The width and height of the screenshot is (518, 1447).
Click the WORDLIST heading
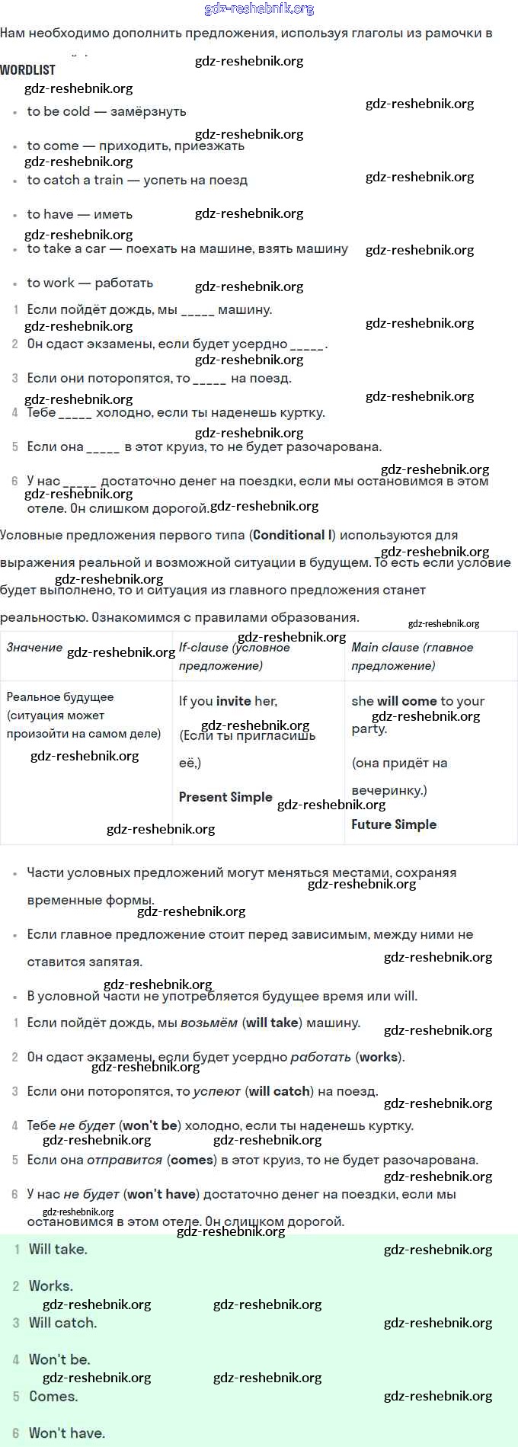coord(28,70)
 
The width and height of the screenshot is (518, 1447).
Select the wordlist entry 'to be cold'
coord(106,111)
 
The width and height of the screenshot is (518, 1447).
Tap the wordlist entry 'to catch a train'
coord(137,181)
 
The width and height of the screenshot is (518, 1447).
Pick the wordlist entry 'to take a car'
coord(187,249)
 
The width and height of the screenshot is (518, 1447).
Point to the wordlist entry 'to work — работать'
coord(90,283)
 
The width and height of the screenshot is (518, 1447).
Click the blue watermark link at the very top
coord(259,9)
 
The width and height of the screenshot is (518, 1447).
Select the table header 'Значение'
coord(34,648)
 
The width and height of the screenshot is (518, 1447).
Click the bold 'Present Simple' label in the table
coord(225,797)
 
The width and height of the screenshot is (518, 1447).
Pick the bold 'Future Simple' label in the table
coord(394,824)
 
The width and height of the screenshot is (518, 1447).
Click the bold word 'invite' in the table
coord(233,701)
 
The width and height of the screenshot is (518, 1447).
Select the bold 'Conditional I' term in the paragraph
coord(293,536)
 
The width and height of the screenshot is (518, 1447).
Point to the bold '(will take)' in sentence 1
coord(272,1023)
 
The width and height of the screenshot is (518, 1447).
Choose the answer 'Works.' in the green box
coord(51,1286)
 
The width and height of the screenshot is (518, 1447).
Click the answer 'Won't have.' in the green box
coord(67,1433)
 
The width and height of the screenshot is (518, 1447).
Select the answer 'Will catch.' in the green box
coord(62,1323)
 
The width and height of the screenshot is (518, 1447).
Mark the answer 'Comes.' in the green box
coord(53,1397)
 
